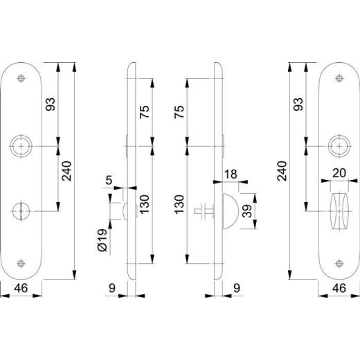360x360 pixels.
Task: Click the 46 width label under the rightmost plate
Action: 339,289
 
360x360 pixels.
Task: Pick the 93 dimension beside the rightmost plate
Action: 299,105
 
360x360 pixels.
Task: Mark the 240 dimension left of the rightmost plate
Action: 282,170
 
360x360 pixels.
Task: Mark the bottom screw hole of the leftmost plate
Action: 22,263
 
